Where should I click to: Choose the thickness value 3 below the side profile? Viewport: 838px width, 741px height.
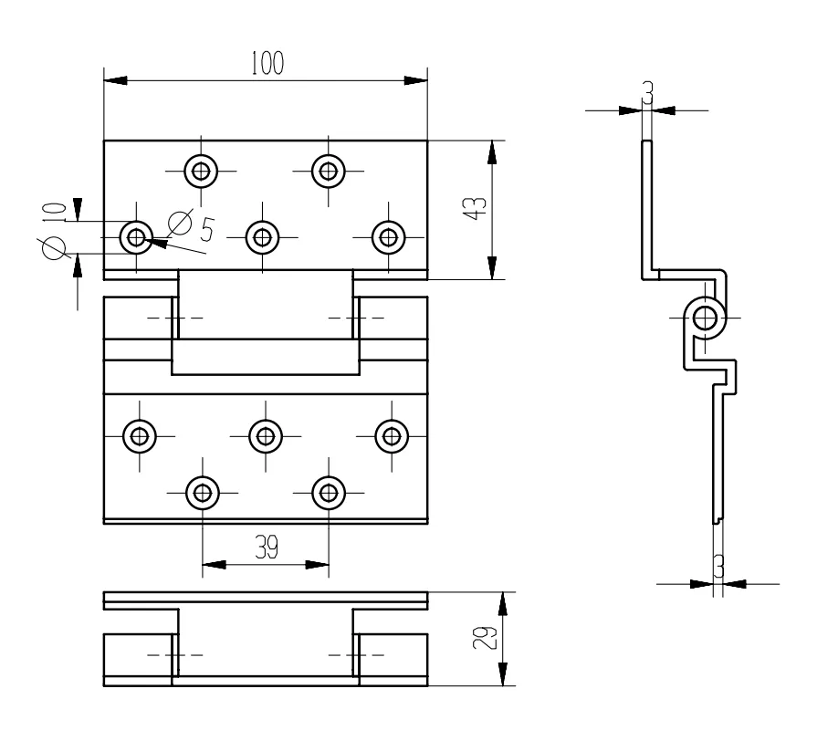(718, 568)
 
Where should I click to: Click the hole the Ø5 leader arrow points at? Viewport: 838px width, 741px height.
(138, 238)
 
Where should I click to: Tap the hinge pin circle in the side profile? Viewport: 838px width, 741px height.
(706, 318)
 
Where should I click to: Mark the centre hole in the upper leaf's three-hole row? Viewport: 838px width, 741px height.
(264, 238)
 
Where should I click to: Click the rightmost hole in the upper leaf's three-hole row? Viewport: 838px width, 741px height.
(390, 238)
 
